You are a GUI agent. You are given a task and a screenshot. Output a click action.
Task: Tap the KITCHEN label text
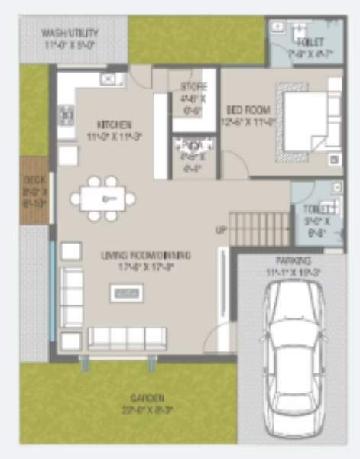tap(115, 124)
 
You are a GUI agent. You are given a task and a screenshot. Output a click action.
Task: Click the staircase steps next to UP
tap(260, 228)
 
